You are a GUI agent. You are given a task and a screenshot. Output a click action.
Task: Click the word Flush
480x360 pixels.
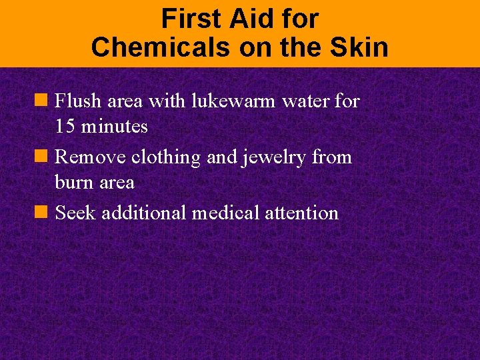point(76,101)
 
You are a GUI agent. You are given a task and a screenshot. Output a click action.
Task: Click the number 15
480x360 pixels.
point(65,126)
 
